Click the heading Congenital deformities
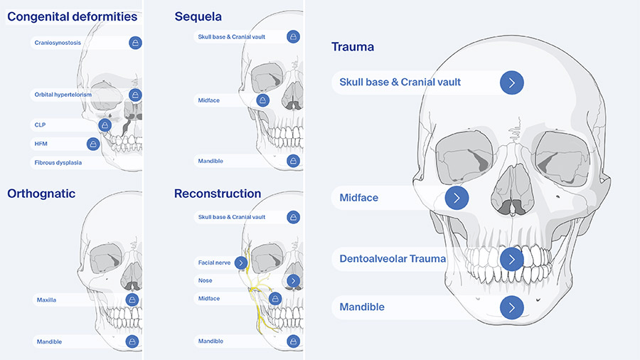tap(72, 17)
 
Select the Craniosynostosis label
tap(58, 43)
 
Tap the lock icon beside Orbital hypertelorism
tap(136, 95)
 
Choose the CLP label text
tap(40, 125)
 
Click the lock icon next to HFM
tap(93, 144)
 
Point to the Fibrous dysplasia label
tap(58, 162)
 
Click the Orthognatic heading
tap(41, 194)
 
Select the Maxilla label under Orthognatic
tap(46, 300)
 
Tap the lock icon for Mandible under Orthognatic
tap(132, 342)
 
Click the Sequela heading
tap(198, 17)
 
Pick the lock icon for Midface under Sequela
tap(262, 101)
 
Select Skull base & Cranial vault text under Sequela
tap(231, 36)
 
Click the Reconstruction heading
tap(217, 194)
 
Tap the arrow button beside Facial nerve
tap(241, 263)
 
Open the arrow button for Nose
tap(293, 281)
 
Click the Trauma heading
tap(353, 47)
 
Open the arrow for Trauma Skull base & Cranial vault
tap(511, 83)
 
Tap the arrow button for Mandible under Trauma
tap(511, 307)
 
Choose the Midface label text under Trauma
tap(359, 198)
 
